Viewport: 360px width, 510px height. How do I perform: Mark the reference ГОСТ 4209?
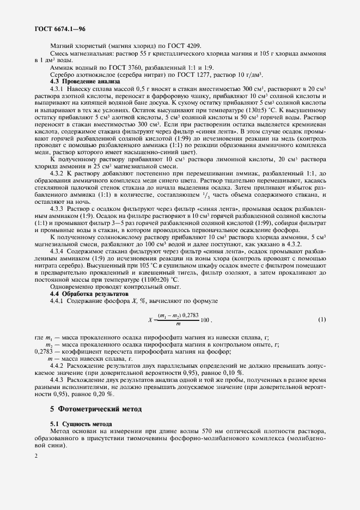pos(185,46)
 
